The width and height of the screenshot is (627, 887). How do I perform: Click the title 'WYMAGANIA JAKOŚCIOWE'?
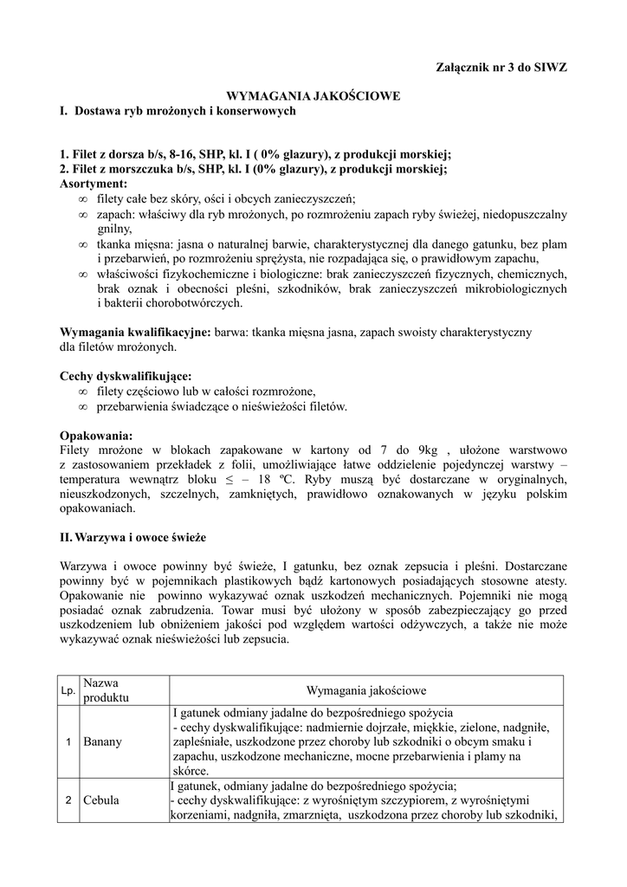(x=313, y=96)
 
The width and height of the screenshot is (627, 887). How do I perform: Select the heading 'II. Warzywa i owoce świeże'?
(x=133, y=537)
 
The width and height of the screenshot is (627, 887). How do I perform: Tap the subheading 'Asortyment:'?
(x=94, y=185)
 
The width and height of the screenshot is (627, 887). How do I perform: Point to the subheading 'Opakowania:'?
(x=96, y=436)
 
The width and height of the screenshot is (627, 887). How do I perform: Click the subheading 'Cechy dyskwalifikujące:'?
(x=126, y=377)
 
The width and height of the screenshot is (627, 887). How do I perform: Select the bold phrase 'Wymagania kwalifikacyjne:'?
(x=135, y=333)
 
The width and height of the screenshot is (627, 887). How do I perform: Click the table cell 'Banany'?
(x=103, y=742)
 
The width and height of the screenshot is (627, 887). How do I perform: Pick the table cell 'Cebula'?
(x=102, y=800)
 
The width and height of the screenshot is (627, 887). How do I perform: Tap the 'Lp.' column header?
(x=68, y=690)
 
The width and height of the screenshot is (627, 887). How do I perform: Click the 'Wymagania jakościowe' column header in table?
(x=366, y=690)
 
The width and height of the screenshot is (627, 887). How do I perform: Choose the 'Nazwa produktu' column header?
(x=107, y=690)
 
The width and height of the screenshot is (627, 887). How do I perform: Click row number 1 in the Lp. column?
(x=68, y=742)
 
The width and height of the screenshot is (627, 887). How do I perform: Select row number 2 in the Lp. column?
(x=68, y=800)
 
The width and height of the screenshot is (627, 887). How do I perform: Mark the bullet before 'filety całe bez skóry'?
(x=82, y=199)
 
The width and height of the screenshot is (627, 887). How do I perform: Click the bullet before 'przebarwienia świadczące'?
(x=82, y=406)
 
